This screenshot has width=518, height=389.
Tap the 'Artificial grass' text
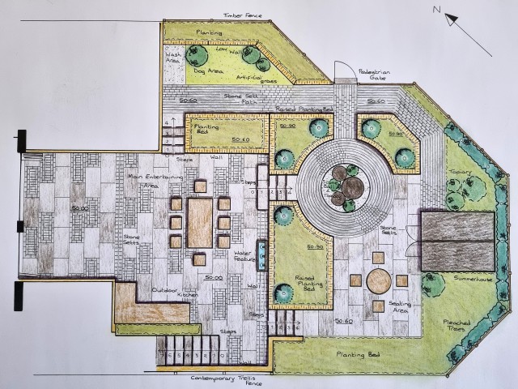tap(253, 78)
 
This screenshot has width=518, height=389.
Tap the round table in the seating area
tap(378, 280)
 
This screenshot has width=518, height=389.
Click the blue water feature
tap(262, 252)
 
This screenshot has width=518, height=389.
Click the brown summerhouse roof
tap(457, 240)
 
